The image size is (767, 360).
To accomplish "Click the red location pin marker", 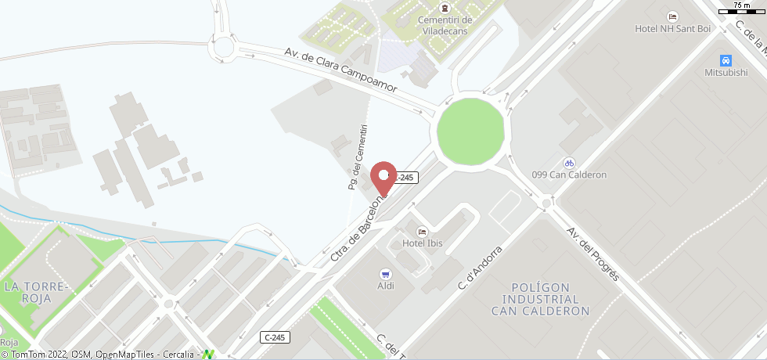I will [383, 176].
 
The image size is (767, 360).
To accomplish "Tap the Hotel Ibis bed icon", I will [423, 232].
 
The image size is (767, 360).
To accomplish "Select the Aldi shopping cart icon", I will [385, 274].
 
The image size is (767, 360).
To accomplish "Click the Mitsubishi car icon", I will [726, 60].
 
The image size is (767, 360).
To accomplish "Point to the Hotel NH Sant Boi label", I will [672, 29].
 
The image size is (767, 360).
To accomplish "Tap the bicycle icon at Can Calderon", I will [569, 163].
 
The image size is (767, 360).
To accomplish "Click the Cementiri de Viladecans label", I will [445, 25].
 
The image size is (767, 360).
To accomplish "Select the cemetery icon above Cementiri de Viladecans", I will [445, 6].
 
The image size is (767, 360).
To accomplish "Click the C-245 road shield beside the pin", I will [405, 178].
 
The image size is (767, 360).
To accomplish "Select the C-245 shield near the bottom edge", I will [275, 337].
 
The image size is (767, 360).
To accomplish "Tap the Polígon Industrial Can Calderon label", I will [540, 299].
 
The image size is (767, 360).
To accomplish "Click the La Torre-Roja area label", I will [37, 292].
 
